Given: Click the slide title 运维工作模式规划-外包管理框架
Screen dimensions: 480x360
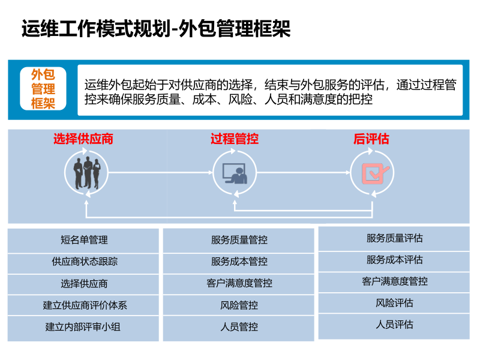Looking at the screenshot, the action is (156, 29).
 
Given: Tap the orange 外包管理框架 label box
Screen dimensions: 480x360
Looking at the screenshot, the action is (43, 89).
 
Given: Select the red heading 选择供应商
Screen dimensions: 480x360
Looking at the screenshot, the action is (83, 139).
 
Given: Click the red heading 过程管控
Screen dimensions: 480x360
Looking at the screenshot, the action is (235, 139).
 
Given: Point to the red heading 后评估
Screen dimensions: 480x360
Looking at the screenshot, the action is (371, 139).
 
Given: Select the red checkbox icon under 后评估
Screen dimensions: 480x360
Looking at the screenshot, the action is (372, 173).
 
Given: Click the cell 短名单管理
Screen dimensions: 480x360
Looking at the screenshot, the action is (84, 240).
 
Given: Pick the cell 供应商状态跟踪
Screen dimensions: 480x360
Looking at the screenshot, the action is (84, 262).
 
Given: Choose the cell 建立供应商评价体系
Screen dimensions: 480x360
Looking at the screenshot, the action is (84, 305).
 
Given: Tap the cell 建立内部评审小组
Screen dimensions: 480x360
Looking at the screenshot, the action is (84, 327).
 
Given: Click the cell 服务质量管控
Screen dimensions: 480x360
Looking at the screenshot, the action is (239, 240).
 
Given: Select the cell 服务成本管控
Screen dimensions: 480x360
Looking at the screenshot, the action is (239, 262).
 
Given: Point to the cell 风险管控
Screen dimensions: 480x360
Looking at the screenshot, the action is (239, 305).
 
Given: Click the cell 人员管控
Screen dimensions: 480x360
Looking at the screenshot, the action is (239, 327).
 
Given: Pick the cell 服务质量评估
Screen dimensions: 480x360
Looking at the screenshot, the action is (394, 238).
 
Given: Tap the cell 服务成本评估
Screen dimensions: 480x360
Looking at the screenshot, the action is (394, 260).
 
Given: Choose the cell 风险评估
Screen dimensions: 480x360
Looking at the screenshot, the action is (394, 303).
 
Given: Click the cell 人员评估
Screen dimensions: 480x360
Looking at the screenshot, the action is (394, 325).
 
